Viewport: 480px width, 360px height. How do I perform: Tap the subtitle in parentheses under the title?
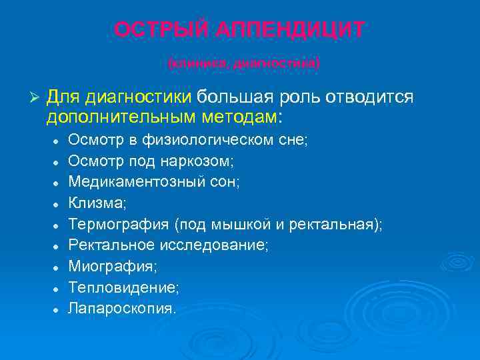[244, 63]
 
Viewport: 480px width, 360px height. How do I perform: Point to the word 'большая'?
[227, 98]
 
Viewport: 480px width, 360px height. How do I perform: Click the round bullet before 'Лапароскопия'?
[58, 310]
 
